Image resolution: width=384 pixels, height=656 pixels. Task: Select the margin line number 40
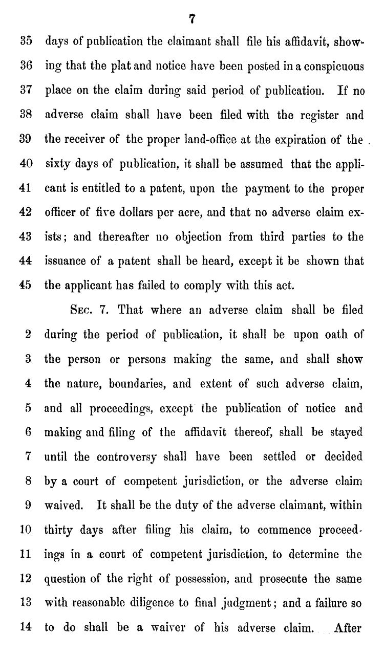pos(26,164)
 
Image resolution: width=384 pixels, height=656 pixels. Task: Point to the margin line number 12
pos(26,579)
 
